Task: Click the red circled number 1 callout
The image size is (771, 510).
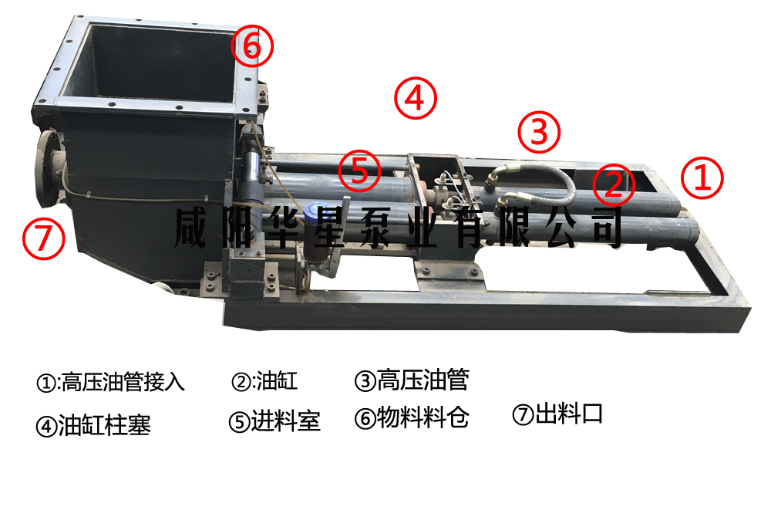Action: [702, 177]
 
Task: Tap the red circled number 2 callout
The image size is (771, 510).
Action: [614, 185]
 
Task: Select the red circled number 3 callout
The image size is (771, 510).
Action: [539, 132]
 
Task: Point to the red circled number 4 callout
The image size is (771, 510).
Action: [416, 98]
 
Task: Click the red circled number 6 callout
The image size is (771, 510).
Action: [252, 46]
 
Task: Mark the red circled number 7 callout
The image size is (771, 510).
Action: [44, 238]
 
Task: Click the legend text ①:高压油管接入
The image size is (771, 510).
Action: [110, 382]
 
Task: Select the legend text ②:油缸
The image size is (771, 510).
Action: [264, 381]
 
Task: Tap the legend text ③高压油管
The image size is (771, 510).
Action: [412, 380]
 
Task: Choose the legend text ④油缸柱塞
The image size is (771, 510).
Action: [93, 425]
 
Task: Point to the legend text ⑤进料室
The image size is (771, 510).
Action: [274, 421]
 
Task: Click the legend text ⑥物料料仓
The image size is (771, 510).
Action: [412, 418]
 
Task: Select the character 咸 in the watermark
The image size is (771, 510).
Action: [190, 228]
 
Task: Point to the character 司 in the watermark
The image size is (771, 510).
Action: [608, 228]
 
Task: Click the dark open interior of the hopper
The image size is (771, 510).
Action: [157, 62]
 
